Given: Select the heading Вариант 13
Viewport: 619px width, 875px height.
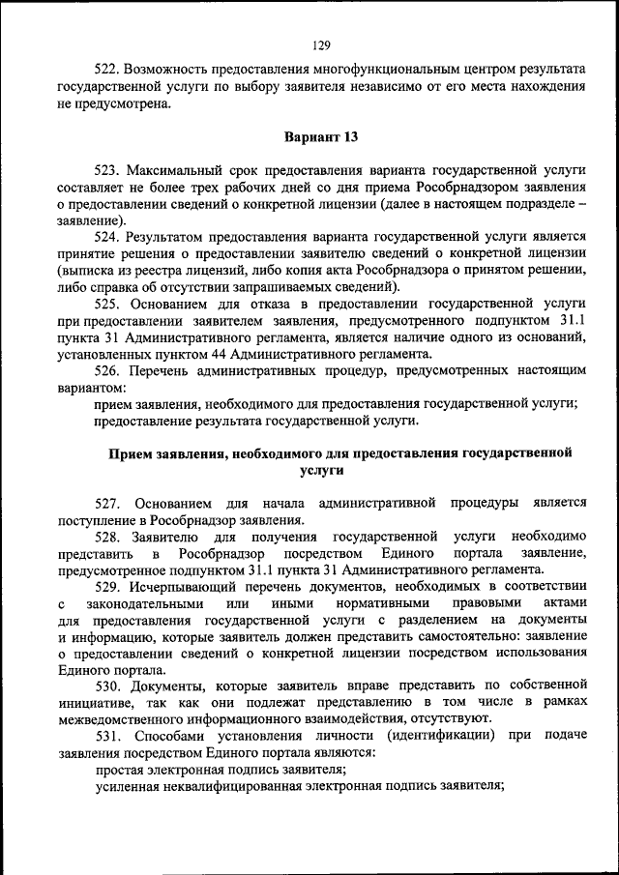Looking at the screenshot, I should pyautogui.click(x=322, y=137).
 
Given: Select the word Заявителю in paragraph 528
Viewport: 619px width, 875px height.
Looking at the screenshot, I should pyautogui.click(x=165, y=537).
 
